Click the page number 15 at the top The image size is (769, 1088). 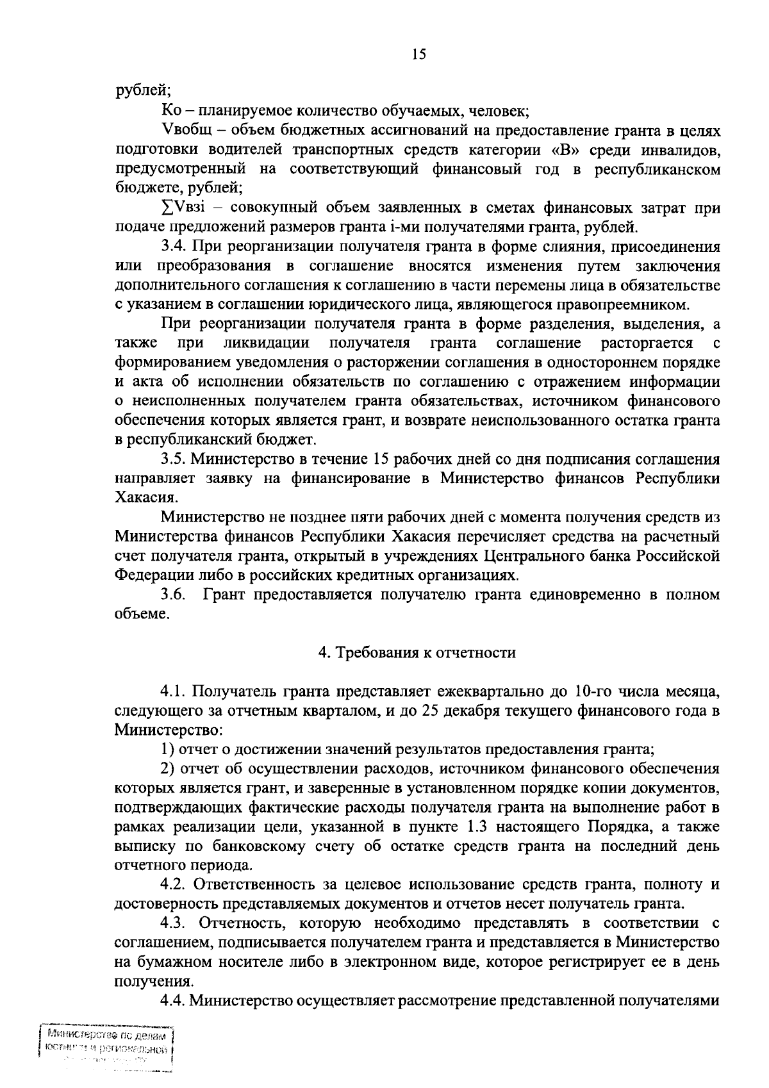tap(418, 55)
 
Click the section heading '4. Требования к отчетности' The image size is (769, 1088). tap(417, 653)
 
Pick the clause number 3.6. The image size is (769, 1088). tap(173, 595)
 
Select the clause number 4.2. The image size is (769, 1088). tap(173, 885)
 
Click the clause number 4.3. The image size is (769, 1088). tap(173, 923)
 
